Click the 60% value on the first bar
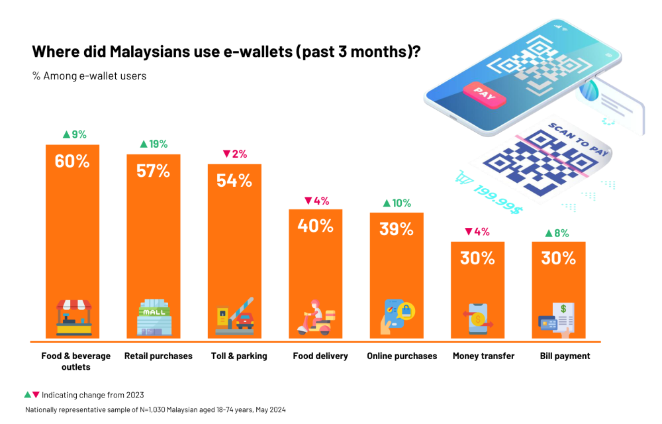(x=72, y=160)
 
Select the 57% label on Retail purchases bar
(x=154, y=170)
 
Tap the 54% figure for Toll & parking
(x=234, y=180)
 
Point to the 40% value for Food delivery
(x=315, y=225)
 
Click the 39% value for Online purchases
(x=397, y=229)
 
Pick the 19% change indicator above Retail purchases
(x=154, y=144)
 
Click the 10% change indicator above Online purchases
(x=397, y=203)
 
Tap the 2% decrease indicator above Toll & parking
(x=234, y=154)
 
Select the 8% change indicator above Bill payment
(x=558, y=233)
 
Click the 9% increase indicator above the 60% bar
(x=74, y=134)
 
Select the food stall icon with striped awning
(x=73, y=317)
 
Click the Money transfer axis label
(x=483, y=356)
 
